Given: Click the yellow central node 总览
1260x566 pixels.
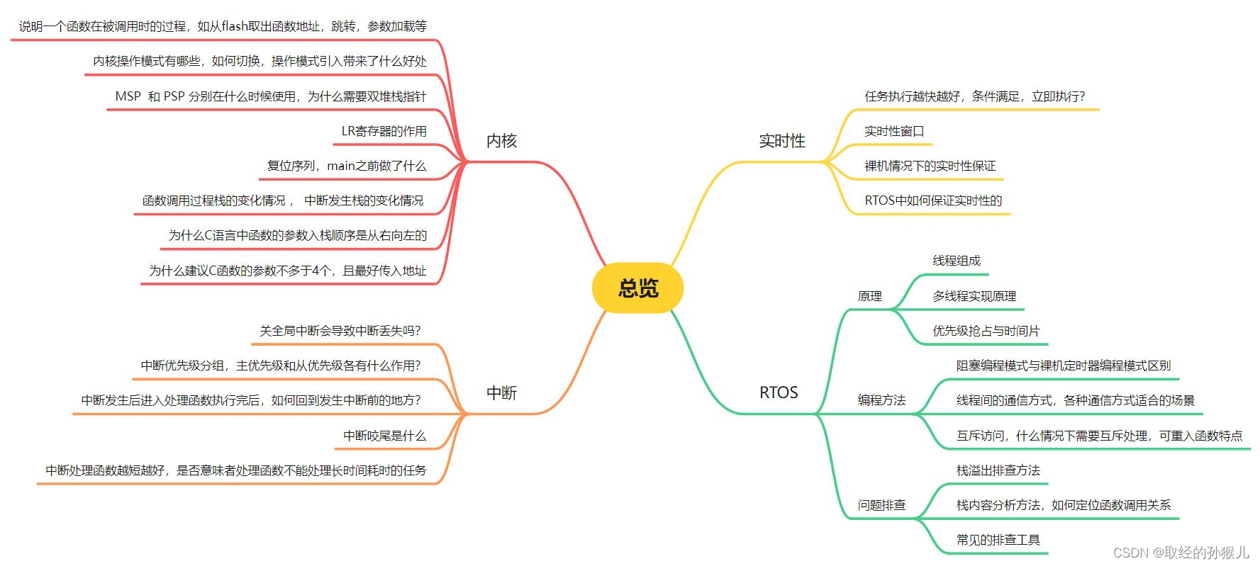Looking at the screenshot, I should point(637,288).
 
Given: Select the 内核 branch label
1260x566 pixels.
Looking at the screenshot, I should point(501,141).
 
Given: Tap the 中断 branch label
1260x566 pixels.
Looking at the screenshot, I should point(501,392).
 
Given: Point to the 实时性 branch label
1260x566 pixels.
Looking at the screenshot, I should point(781,141).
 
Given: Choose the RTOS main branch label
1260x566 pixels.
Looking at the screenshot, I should point(778,392).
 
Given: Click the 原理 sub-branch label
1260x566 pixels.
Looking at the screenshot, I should point(869,296).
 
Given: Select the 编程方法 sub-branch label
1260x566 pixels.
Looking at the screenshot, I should point(881,400).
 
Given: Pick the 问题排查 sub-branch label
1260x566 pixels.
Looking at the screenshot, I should point(881,505).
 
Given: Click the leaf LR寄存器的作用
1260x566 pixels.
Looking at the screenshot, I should point(384,131).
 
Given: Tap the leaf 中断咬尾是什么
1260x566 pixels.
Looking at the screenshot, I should point(384,436).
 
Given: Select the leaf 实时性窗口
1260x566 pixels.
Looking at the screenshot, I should point(894,131).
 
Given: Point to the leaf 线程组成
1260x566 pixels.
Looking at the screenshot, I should point(957,261).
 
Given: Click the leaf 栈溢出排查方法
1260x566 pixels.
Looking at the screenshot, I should point(998,470).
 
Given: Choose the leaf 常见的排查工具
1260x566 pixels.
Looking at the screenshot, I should point(998,540).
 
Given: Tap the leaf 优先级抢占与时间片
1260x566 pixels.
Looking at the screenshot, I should point(986,331).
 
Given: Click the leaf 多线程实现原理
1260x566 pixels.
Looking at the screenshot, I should point(974,296).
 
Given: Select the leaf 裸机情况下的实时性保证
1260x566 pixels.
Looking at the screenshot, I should point(930,166).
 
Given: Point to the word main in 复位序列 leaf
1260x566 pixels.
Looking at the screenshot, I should point(340,166).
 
